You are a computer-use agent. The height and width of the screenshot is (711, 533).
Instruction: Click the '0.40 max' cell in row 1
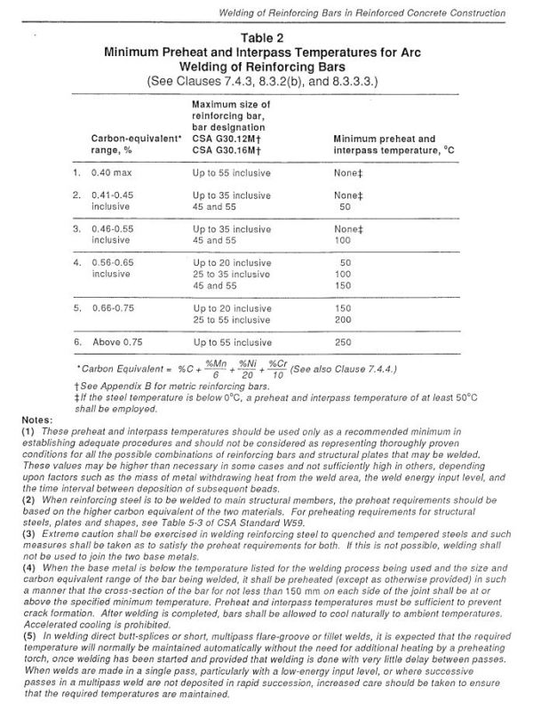(112, 172)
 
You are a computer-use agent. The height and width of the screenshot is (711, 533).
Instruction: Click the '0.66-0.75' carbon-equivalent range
(116, 308)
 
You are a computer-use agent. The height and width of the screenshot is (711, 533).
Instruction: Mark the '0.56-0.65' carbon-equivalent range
(116, 263)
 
